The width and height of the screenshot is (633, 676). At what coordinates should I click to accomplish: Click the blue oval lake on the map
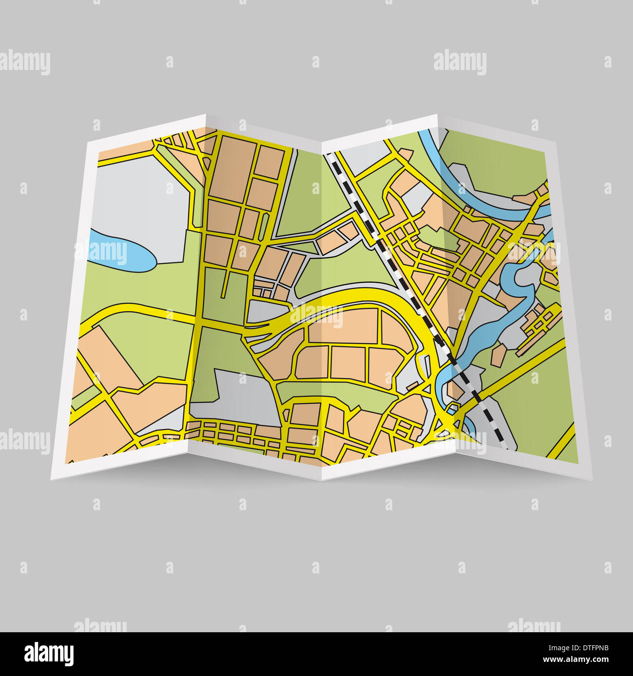click(x=119, y=249)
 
